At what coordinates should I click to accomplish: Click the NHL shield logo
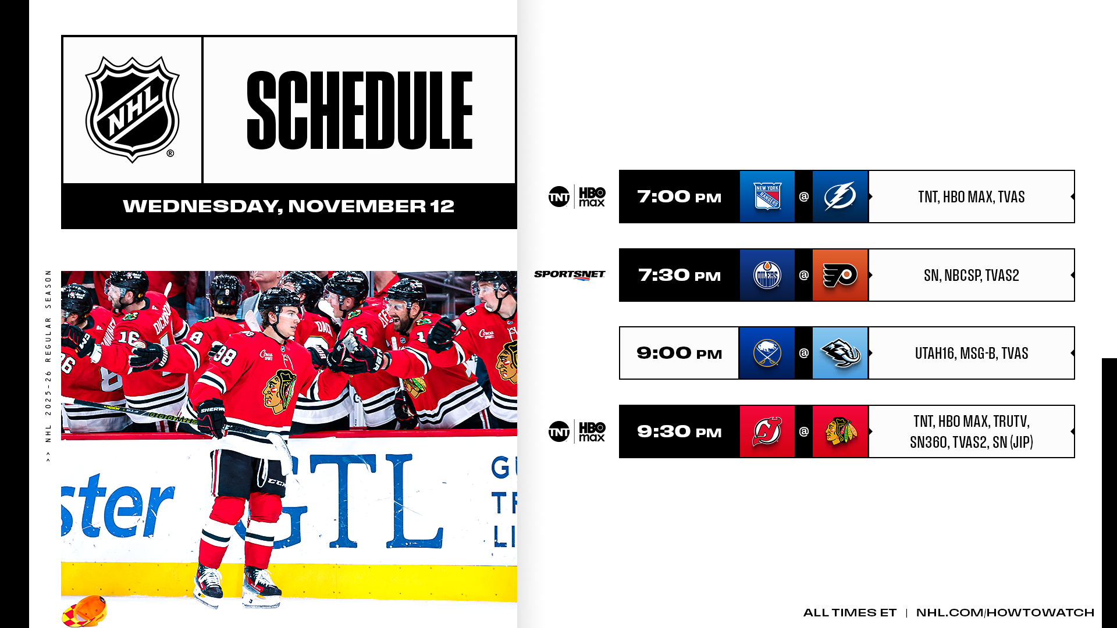click(x=133, y=109)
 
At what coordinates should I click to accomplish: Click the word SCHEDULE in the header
click(x=360, y=110)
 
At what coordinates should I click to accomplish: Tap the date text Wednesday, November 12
click(x=289, y=206)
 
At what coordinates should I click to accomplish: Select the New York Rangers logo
click(x=767, y=197)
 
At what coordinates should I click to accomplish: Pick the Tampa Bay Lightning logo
click(x=840, y=197)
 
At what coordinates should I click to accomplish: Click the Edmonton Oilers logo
click(x=767, y=275)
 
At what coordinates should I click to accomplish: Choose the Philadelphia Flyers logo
click(x=840, y=275)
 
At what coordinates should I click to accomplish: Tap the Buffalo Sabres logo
click(x=767, y=353)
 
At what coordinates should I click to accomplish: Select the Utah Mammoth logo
click(x=840, y=353)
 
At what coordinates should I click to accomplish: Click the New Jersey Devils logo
click(x=767, y=431)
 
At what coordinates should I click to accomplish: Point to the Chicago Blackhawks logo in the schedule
click(x=840, y=431)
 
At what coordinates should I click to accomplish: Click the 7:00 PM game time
click(x=680, y=197)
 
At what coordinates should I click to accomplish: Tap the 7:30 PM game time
click(x=680, y=276)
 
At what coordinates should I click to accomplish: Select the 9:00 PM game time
click(x=680, y=354)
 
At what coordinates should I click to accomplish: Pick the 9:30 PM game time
click(x=680, y=432)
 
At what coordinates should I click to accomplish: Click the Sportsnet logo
click(x=570, y=275)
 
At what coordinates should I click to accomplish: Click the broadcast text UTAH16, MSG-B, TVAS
click(x=972, y=354)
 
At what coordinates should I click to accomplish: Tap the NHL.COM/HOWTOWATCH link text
click(x=1005, y=613)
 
